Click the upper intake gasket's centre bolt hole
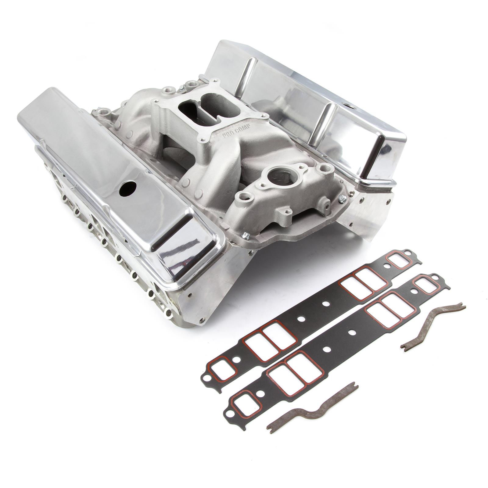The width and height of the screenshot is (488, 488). pyautogui.click(x=325, y=304)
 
